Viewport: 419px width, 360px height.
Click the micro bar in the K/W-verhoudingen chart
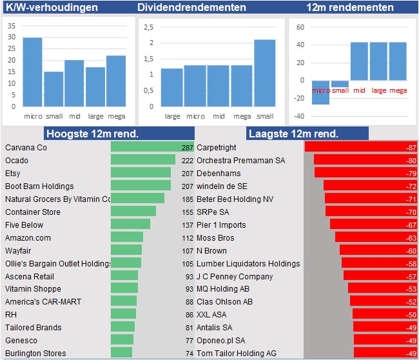pyautogui.click(x=32, y=72)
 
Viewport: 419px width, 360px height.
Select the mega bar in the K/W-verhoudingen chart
pyautogui.click(x=116, y=81)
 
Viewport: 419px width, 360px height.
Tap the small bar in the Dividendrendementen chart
pyautogui.click(x=264, y=73)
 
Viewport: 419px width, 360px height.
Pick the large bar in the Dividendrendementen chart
pyautogui.click(x=172, y=88)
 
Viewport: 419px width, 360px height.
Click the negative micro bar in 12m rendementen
pyautogui.click(x=320, y=92)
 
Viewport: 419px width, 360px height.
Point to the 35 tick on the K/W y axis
pyautogui.click(x=12, y=26)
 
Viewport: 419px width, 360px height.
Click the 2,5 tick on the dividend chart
pyautogui.click(x=148, y=27)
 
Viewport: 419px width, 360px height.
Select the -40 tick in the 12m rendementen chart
pyautogui.click(x=299, y=116)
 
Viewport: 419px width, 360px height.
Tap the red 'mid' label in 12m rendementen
pyautogui.click(x=359, y=90)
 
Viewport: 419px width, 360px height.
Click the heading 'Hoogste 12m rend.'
pyautogui.click(x=92, y=134)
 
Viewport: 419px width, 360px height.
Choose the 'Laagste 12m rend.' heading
pyautogui.click(x=293, y=134)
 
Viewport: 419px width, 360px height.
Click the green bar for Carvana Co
pyautogui.click(x=152, y=147)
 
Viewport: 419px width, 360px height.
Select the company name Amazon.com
pyautogui.click(x=28, y=238)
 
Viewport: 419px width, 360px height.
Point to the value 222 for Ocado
pyautogui.click(x=188, y=161)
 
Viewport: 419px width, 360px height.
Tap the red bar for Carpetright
pyautogui.click(x=361, y=147)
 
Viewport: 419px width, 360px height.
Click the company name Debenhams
pyautogui.click(x=219, y=174)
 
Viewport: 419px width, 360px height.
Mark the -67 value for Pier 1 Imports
pyautogui.click(x=411, y=225)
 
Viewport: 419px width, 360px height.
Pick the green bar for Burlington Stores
pyautogui.click(x=121, y=352)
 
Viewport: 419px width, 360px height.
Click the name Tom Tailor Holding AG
pyautogui.click(x=237, y=354)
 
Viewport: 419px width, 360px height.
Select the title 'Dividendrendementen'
pyautogui.click(x=191, y=7)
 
